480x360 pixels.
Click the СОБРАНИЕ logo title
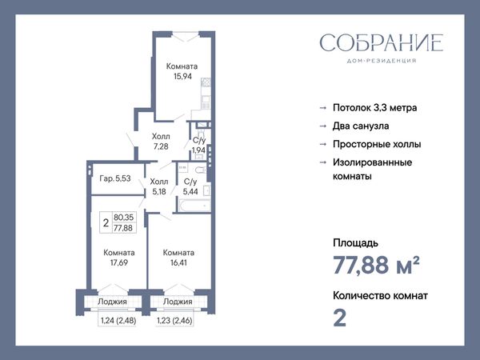[382, 42]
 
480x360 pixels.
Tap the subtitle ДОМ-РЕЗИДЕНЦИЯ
[382, 61]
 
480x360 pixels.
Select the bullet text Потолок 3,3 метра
[374, 108]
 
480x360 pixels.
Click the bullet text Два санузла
[361, 126]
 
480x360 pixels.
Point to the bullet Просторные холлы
[377, 144]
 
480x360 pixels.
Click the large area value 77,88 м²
[376, 265]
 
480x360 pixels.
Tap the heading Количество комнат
[380, 296]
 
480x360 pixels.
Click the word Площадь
[355, 243]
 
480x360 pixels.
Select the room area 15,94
[182, 76]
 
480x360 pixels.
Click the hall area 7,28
[161, 146]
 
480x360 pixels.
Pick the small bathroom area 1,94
[198, 150]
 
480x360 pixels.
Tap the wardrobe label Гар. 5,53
[115, 178]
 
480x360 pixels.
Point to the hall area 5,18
[159, 192]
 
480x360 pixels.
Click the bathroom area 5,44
[190, 192]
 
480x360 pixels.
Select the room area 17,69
[119, 262]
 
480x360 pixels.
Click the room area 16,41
[178, 262]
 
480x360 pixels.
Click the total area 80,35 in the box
[124, 218]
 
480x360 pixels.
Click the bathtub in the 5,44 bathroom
[194, 205]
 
